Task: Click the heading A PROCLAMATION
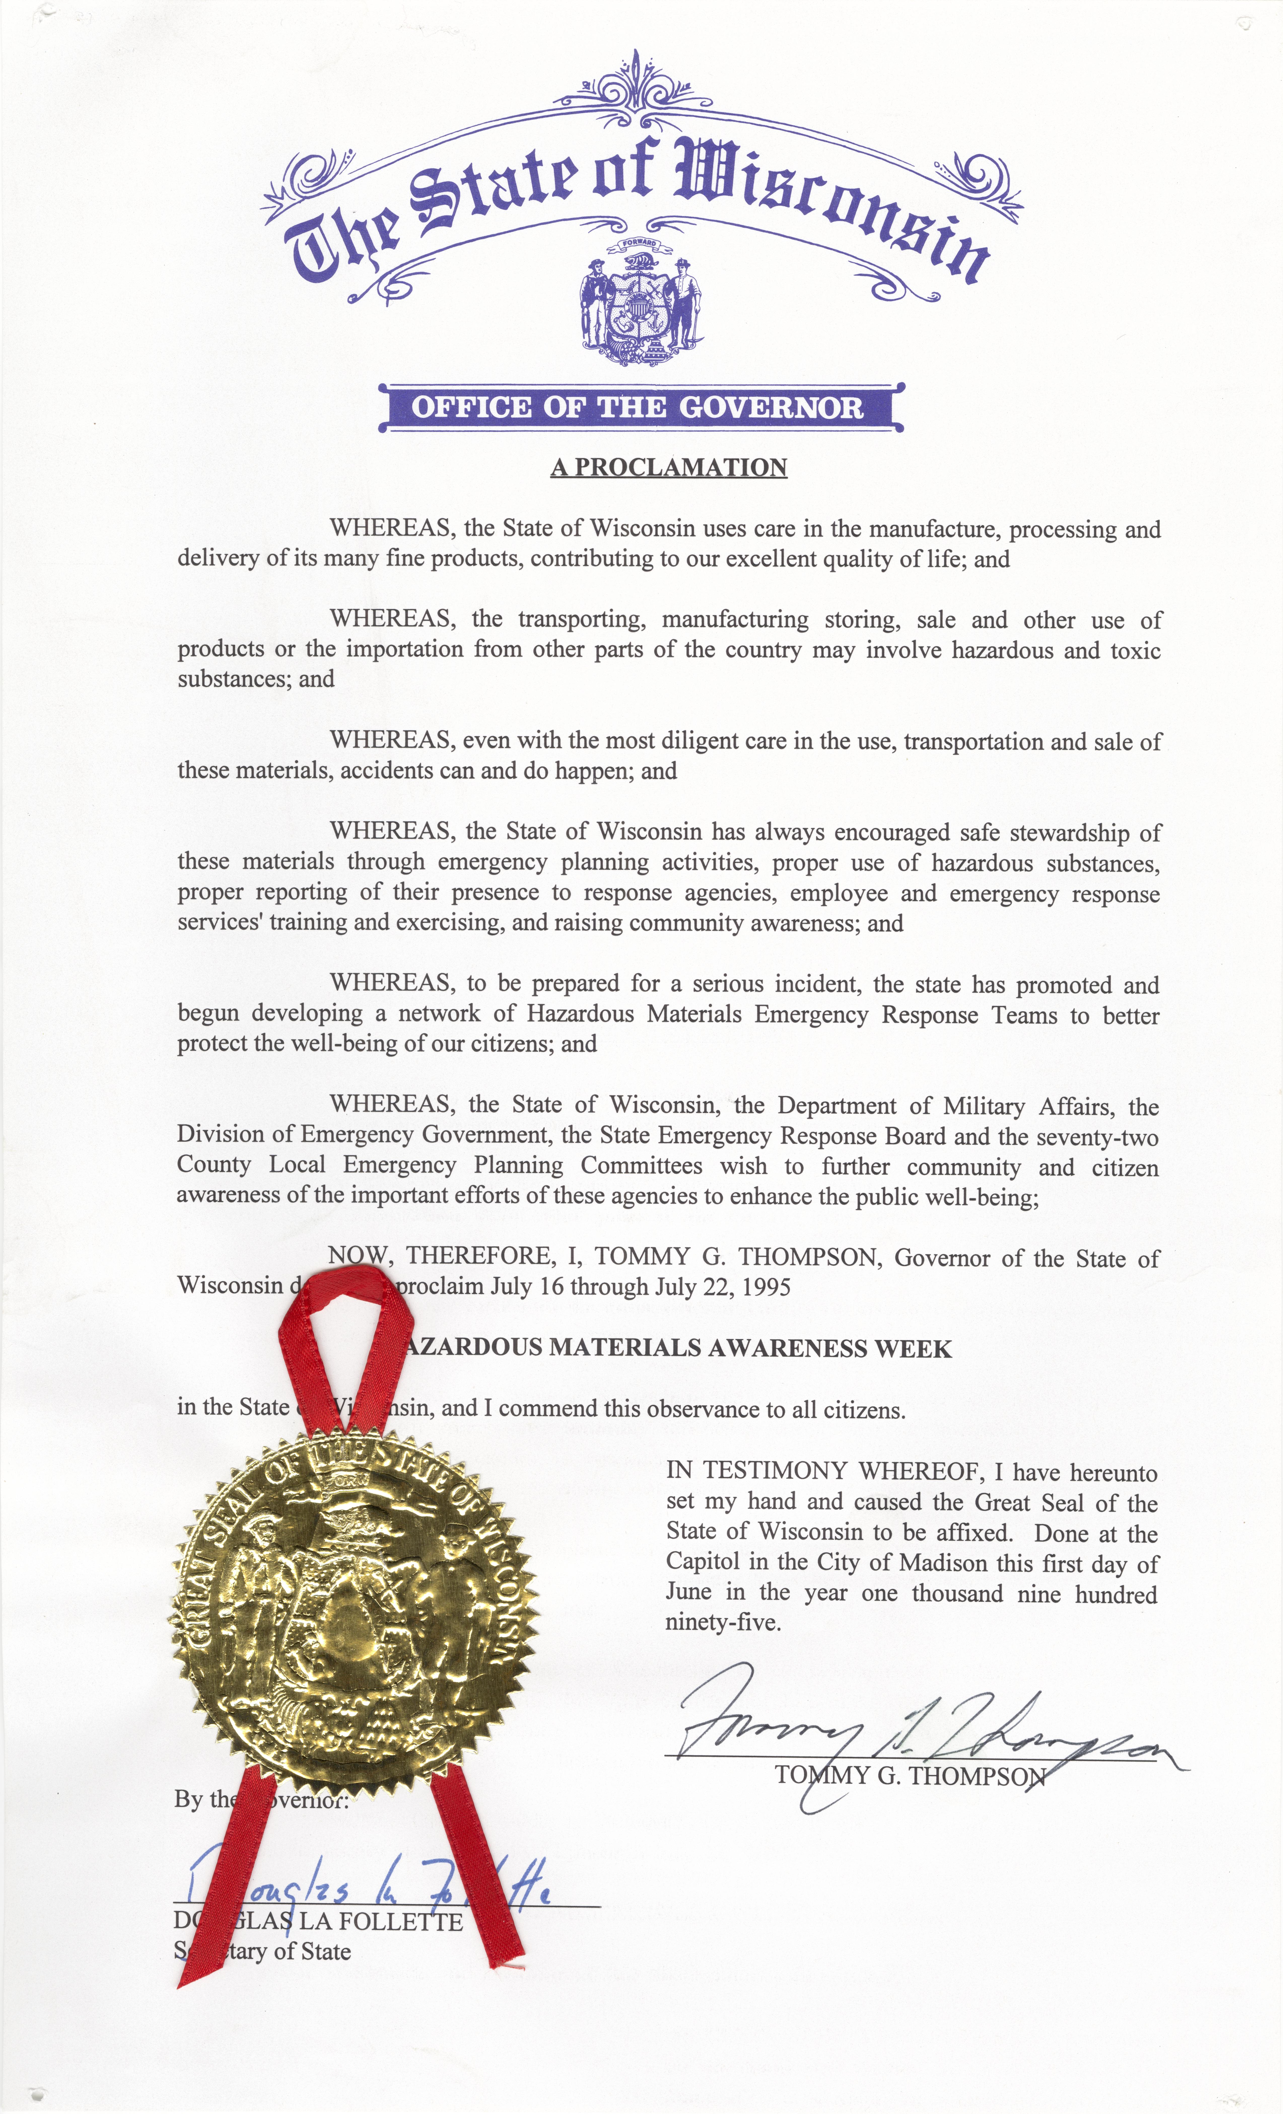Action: pos(668,468)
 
